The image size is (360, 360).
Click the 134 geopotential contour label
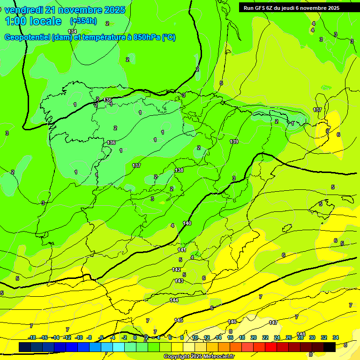click(72, 31)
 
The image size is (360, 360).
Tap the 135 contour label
click(108, 100)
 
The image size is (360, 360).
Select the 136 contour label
click(111, 142)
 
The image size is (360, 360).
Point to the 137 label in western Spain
click(136, 165)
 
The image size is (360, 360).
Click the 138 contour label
click(179, 170)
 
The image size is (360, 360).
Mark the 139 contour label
click(234, 142)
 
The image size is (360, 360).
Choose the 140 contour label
click(187, 223)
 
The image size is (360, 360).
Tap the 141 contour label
click(182, 250)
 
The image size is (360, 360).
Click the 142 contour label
click(177, 270)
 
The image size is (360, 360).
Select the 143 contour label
click(179, 281)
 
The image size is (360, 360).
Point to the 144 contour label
click(174, 300)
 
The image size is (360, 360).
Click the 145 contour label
click(179, 320)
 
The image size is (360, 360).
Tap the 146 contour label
click(232, 322)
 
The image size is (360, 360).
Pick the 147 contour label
click(273, 322)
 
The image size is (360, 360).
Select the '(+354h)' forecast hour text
click(83, 21)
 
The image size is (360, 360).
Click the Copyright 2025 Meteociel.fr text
click(199, 357)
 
